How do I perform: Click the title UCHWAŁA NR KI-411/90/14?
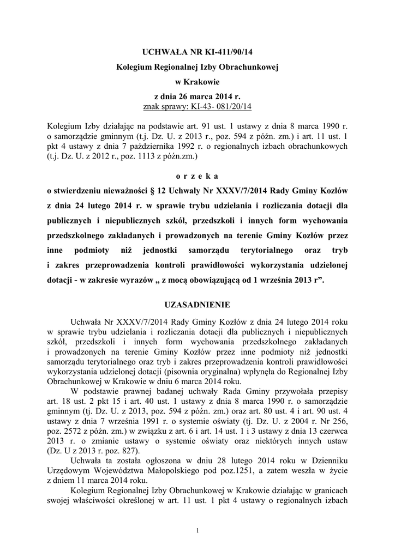click(197, 52)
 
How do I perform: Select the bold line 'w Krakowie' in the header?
click(197, 82)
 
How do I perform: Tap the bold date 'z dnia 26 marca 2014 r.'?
click(197, 96)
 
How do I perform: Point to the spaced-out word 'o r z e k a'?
click(197, 176)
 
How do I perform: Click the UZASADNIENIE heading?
click(197, 304)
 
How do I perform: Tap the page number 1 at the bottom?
click(197, 531)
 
